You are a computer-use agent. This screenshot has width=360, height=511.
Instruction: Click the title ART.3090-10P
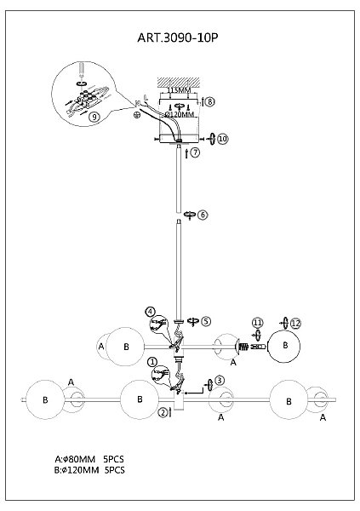[178, 37]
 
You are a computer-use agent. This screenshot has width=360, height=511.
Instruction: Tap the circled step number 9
[94, 117]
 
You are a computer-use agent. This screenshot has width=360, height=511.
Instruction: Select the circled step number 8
[210, 101]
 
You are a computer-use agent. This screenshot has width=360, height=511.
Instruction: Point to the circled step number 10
[223, 139]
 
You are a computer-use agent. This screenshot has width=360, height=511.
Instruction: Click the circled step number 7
[195, 152]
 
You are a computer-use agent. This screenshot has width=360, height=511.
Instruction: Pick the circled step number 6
[203, 215]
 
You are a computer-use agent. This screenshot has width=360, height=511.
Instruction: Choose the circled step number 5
[206, 321]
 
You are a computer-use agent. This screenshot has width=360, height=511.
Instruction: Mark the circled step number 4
[150, 312]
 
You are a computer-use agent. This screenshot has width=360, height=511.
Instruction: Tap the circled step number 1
[152, 361]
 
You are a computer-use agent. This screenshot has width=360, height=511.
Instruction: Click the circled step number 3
[220, 381]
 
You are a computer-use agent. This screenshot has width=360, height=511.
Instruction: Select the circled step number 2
[163, 412]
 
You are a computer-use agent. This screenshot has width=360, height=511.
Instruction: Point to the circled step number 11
[257, 323]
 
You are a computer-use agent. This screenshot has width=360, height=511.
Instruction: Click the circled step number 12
[295, 324]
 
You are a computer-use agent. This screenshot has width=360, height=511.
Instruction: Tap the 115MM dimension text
[179, 90]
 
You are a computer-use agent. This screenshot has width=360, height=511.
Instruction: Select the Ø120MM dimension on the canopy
[180, 114]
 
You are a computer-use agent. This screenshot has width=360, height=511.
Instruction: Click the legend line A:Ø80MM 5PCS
[89, 459]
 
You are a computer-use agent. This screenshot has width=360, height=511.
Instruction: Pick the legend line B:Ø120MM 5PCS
[89, 470]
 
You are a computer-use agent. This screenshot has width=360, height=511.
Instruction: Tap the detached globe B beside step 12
[283, 347]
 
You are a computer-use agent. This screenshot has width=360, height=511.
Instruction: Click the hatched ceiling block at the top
[179, 82]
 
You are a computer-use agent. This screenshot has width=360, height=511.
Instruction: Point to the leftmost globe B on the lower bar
[45, 399]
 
